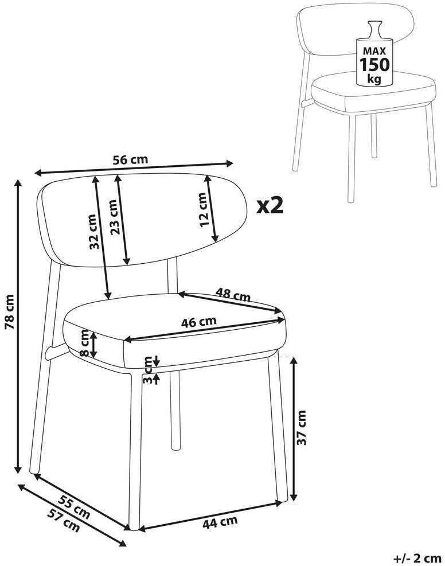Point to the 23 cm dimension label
[x=114, y=217]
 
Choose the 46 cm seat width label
[x=199, y=321]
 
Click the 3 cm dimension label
[x=147, y=370]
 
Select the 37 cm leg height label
[x=301, y=427]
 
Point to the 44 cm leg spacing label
[x=220, y=522]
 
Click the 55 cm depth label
[x=74, y=507]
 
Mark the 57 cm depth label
[x=63, y=520]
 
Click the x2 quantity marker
[x=270, y=205]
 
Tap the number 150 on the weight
[x=374, y=65]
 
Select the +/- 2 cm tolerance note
[x=417, y=559]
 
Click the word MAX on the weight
[x=374, y=51]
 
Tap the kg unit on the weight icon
[x=374, y=79]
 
